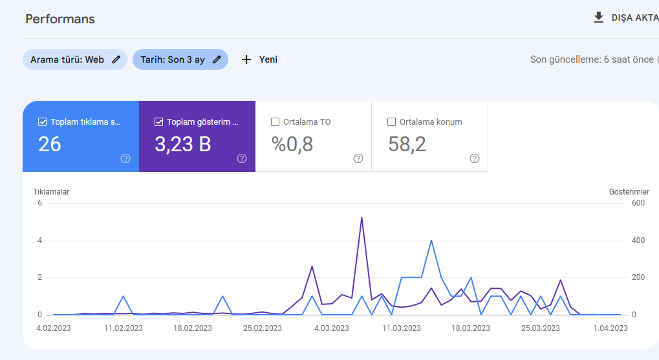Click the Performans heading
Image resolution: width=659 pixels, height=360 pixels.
pos(60,19)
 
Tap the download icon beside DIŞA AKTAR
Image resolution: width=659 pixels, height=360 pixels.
pos(598,17)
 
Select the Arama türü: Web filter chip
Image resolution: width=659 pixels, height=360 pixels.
pos(75,59)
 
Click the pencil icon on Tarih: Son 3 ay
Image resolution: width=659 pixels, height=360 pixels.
pos(217,59)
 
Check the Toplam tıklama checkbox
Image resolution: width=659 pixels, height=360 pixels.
pos(42,122)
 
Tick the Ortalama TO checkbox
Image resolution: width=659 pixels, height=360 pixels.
pos(275,122)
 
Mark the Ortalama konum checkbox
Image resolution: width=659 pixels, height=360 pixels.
pos(391,122)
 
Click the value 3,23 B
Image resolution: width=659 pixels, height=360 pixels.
pos(183,144)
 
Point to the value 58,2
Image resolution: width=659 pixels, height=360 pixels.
pos(407,144)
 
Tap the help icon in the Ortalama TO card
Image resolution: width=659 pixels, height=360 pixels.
pos(358,158)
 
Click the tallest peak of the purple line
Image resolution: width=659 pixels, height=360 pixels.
pos(362,218)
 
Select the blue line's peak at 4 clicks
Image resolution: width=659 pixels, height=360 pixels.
pos(431,240)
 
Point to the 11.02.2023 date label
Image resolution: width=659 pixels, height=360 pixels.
pos(123,328)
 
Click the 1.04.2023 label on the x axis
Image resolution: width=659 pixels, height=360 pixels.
pos(610,328)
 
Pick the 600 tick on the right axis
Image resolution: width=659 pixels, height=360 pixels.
pos(638,203)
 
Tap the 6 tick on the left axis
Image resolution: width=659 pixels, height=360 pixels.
pos(40,203)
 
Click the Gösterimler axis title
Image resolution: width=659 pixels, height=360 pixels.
pos(629,192)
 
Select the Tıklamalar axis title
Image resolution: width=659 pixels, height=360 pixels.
pos(51,192)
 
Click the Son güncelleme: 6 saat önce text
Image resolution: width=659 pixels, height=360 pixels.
pos(592,59)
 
